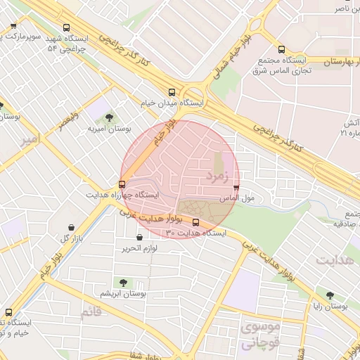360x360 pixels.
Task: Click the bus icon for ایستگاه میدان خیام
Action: (172, 92)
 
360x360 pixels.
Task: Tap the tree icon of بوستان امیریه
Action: (109, 117)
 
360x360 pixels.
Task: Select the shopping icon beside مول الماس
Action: (236, 188)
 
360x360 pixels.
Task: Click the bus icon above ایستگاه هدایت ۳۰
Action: (195, 222)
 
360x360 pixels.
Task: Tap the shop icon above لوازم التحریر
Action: (139, 238)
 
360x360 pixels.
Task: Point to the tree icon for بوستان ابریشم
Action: (124, 282)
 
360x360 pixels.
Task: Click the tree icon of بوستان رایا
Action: (330, 295)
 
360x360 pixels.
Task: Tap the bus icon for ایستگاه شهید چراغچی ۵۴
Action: (66, 28)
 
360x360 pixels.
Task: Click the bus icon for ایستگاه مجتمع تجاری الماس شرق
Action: (281, 50)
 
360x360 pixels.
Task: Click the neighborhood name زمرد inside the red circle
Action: (217, 176)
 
